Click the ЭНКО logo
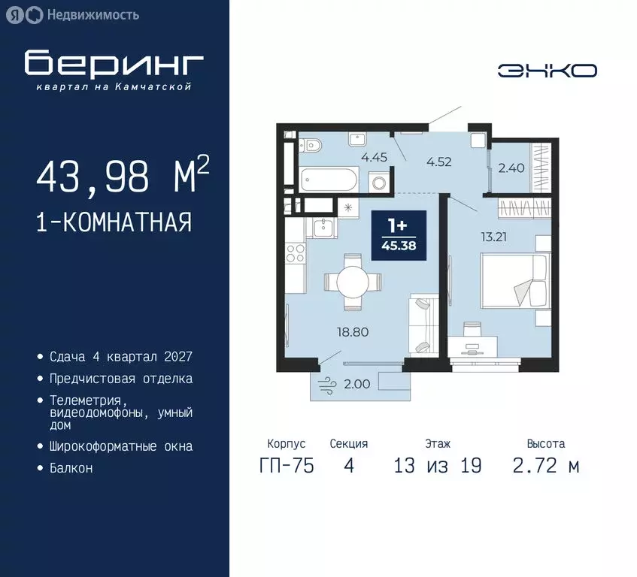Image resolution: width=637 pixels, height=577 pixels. point(547,71)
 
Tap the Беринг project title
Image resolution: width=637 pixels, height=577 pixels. point(114,65)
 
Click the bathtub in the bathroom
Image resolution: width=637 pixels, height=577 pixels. point(329,180)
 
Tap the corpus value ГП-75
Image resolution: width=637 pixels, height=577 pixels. point(286,466)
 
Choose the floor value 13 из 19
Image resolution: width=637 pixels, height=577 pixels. point(437,466)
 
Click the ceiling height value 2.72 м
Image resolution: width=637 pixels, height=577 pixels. point(546,466)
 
